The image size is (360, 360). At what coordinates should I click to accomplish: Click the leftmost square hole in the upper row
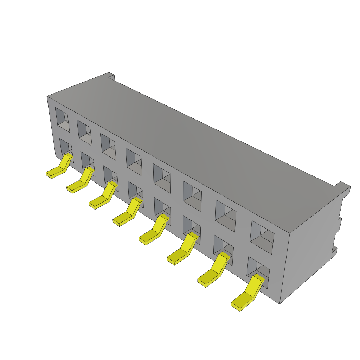pos(62,120)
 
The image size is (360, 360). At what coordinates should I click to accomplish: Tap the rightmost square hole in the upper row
pos(262,237)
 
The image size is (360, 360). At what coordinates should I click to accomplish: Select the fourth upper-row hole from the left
pos(134,162)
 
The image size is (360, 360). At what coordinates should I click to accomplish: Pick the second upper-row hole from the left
pos(84,133)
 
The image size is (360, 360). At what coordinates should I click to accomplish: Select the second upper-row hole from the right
pos(225,216)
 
